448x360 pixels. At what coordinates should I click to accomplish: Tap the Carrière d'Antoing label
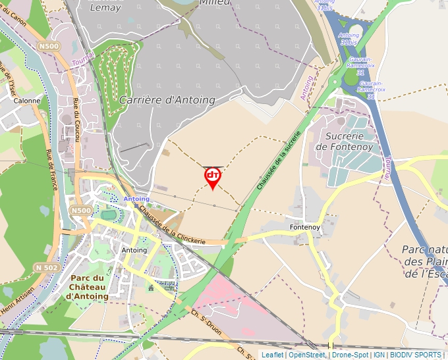(x=167, y=99)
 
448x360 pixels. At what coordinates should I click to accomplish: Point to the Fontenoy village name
(x=304, y=227)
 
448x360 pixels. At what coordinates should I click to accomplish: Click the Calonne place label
(x=27, y=101)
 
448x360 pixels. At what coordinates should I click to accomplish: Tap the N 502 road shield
(x=47, y=267)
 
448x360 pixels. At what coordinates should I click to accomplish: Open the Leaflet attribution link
(x=273, y=355)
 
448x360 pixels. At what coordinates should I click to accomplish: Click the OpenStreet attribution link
(x=306, y=355)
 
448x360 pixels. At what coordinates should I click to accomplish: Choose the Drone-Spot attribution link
(x=350, y=355)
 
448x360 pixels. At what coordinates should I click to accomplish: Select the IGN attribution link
(x=379, y=355)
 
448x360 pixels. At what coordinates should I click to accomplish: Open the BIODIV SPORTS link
(x=416, y=355)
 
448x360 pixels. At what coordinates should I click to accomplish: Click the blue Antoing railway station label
(x=137, y=199)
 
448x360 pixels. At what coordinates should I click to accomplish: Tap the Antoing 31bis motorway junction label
(x=349, y=39)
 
